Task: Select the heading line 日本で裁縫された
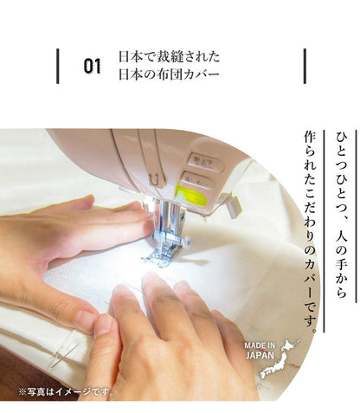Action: tap(169, 58)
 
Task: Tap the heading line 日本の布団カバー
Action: tap(170, 74)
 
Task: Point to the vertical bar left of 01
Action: tap(58, 66)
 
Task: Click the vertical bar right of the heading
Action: tap(305, 66)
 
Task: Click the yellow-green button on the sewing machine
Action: tap(191, 195)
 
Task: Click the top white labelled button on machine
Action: tap(205, 160)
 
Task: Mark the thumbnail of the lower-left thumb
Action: tap(103, 324)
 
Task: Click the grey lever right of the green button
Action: tap(231, 205)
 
